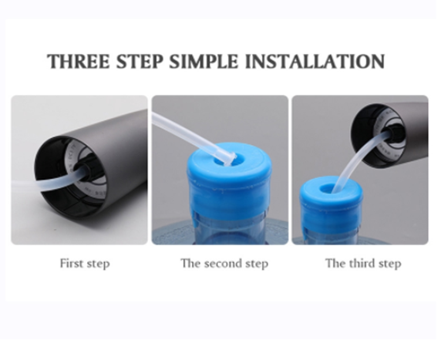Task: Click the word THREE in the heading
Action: (x=78, y=61)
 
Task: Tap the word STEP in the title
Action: (x=140, y=61)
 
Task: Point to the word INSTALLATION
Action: (x=315, y=61)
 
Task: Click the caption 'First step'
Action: (x=85, y=264)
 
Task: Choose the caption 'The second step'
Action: (x=224, y=264)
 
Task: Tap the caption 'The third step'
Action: (x=363, y=264)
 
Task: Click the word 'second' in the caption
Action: (x=223, y=264)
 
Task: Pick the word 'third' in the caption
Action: (x=362, y=263)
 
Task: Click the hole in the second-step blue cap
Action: (x=227, y=160)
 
